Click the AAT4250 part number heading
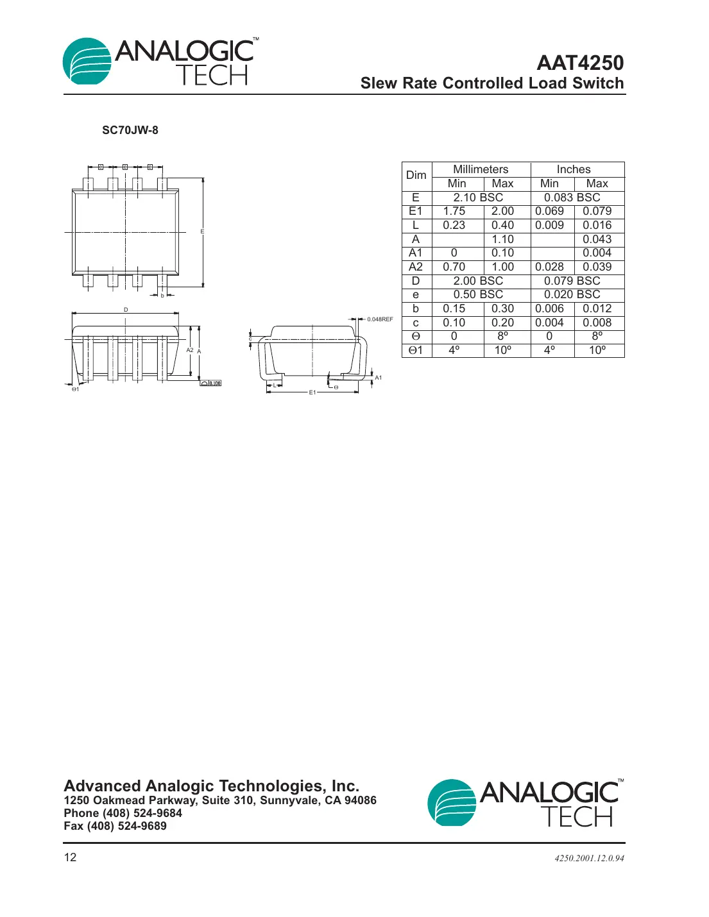coord(579,63)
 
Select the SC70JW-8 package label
coord(130,130)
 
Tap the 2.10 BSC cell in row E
coord(478,198)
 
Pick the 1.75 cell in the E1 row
coord(454,211)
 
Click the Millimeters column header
coord(481,169)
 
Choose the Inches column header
coord(574,169)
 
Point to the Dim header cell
coord(416,176)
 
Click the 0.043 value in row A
coord(597,239)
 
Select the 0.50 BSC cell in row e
coord(478,294)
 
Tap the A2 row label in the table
coord(416,267)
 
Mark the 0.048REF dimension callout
coord(380,319)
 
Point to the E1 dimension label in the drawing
coord(312,392)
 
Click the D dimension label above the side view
coord(126,310)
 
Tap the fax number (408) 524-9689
coord(115,826)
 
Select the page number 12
coord(70,857)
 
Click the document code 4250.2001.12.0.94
coord(589,858)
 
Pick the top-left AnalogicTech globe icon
coord(87,62)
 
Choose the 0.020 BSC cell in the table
coord(572,294)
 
